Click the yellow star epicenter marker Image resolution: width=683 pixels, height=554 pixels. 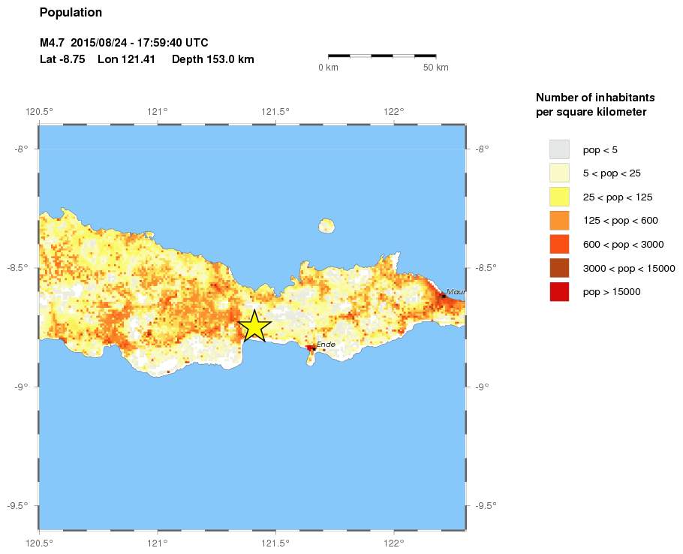tap(254, 326)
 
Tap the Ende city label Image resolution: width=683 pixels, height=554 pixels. tap(325, 345)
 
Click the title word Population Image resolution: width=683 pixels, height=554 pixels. tap(71, 13)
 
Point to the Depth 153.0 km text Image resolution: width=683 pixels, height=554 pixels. tap(212, 59)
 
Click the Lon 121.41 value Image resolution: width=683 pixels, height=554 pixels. tap(126, 59)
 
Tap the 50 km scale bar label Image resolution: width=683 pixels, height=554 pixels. tap(435, 68)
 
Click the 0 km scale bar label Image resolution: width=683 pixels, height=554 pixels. tap(328, 68)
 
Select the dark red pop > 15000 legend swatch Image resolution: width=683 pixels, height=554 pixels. tap(559, 291)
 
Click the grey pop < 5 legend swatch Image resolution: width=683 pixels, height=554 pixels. tap(559, 149)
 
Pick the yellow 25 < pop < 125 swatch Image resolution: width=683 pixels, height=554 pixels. tap(559, 197)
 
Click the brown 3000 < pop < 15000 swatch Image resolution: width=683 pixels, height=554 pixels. tap(559, 268)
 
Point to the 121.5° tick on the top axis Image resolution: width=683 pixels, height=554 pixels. tap(275, 112)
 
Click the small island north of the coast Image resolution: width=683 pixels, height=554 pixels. tap(326, 225)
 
